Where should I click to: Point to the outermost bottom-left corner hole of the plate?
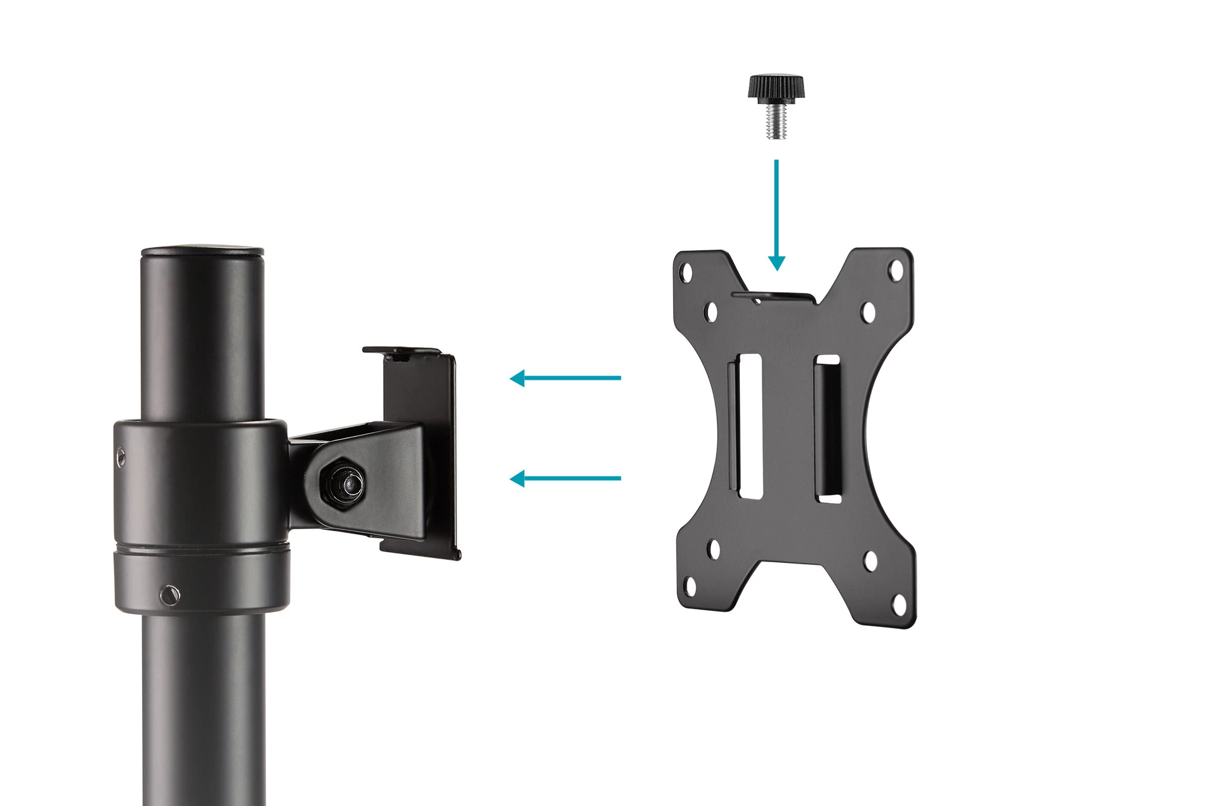pos(689,585)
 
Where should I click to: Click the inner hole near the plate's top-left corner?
pos(711,312)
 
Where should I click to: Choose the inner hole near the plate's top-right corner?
pos(868,312)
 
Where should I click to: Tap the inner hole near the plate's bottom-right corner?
pos(870,561)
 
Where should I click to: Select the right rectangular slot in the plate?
pos(828,429)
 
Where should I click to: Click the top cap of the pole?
pos(202,250)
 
